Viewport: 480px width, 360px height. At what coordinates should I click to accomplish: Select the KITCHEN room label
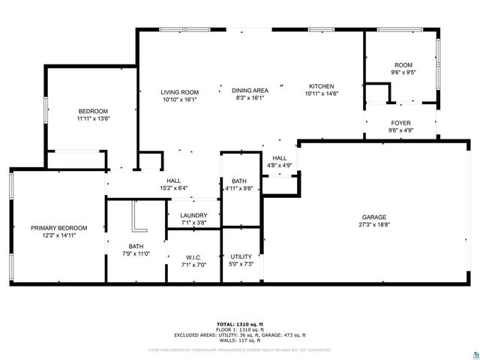pyautogui.click(x=321, y=86)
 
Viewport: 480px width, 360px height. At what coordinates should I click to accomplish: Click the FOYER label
pyautogui.click(x=401, y=123)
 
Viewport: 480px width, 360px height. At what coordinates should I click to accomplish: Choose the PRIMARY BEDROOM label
pyautogui.click(x=58, y=228)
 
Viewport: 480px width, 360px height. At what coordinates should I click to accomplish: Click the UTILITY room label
pyautogui.click(x=241, y=257)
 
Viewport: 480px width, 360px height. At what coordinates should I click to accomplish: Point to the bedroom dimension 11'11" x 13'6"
pyautogui.click(x=93, y=118)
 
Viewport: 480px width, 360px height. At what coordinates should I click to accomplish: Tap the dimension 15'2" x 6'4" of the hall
pyautogui.click(x=173, y=188)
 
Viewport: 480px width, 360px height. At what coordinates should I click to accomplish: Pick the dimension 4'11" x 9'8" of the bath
pyautogui.click(x=239, y=188)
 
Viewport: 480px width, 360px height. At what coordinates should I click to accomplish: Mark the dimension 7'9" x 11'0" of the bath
pyautogui.click(x=136, y=253)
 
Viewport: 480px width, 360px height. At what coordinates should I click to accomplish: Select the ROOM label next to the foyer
pyautogui.click(x=403, y=66)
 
